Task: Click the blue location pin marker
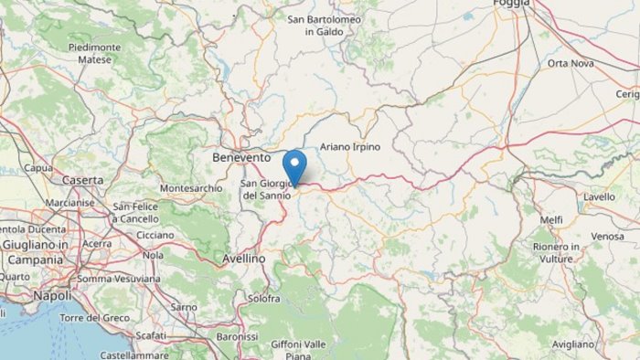click(x=294, y=167)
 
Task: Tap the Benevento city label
click(x=241, y=157)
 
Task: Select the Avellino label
click(x=244, y=259)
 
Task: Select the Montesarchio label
click(x=190, y=188)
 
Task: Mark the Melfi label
click(x=551, y=219)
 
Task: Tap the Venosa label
click(x=607, y=236)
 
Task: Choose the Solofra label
click(x=263, y=299)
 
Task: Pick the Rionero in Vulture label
click(x=557, y=252)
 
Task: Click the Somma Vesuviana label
click(x=121, y=279)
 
